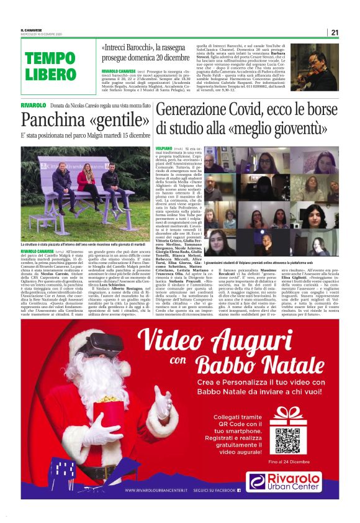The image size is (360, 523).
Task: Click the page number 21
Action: pos(335,32)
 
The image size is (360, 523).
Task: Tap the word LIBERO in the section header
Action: pos(50,75)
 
